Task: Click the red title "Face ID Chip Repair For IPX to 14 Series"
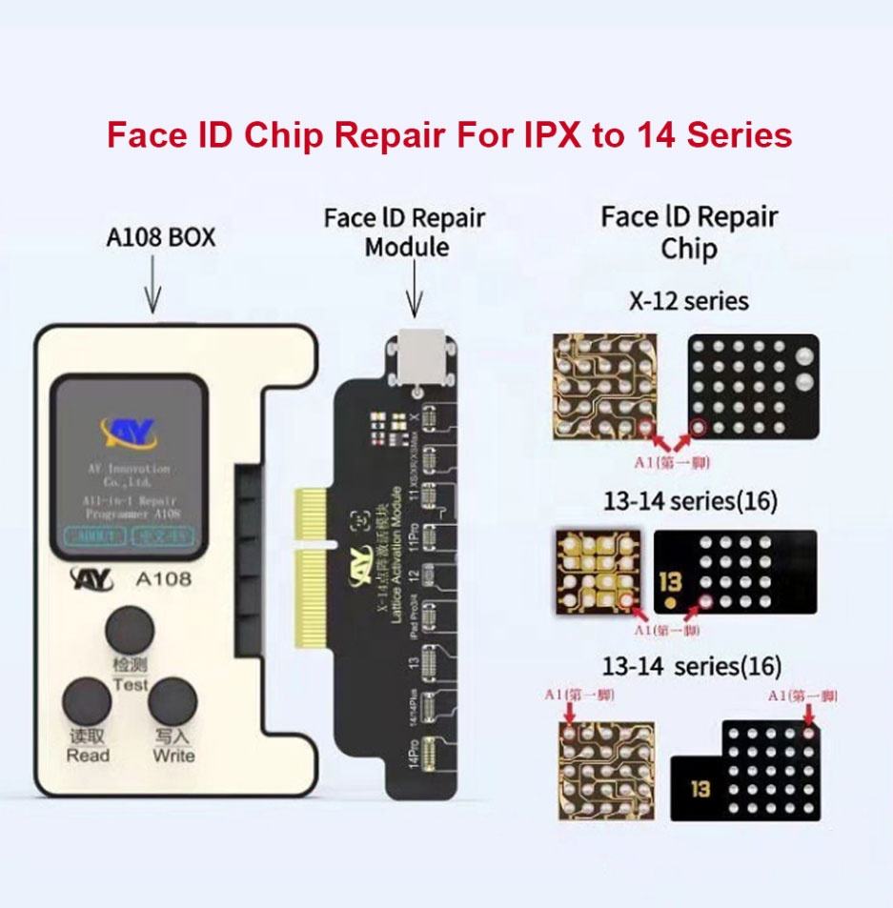coord(449,135)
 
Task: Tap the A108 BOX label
coord(160,236)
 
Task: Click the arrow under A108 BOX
coord(153,286)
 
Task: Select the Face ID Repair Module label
coord(405,232)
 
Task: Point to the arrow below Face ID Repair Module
coord(414,291)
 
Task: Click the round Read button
coord(88,703)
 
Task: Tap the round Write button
coord(173,703)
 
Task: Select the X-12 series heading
coord(688,302)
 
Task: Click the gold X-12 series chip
coord(605,385)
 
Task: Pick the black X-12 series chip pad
coord(753,386)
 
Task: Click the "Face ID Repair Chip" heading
coord(688,232)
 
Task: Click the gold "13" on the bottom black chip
coord(700,789)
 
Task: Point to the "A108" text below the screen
coord(164,577)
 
